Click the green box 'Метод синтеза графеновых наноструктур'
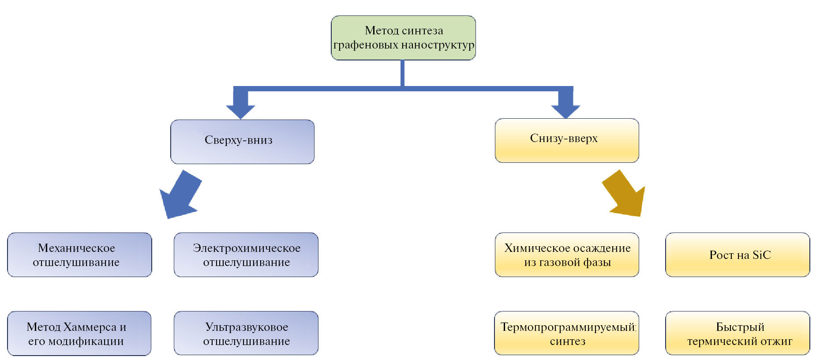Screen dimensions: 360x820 click(x=403, y=38)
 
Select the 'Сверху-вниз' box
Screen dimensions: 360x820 click(x=242, y=142)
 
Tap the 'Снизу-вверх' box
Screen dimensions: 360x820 click(x=567, y=140)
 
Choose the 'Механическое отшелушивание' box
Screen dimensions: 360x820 click(x=79, y=255)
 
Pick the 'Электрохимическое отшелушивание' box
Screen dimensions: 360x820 click(x=246, y=255)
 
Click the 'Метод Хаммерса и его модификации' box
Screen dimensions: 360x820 click(x=79, y=333)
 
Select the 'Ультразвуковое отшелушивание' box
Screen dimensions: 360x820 click(x=246, y=333)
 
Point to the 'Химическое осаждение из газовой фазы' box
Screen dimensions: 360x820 click(x=567, y=255)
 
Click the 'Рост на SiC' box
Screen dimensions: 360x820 click(x=738, y=255)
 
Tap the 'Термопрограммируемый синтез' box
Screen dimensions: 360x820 click(x=567, y=333)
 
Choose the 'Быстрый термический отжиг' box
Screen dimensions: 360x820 click(x=738, y=333)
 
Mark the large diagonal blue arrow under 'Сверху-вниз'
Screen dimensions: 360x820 click(x=180, y=195)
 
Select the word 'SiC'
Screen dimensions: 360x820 click(x=761, y=255)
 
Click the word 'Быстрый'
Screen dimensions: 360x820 click(x=740, y=327)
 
